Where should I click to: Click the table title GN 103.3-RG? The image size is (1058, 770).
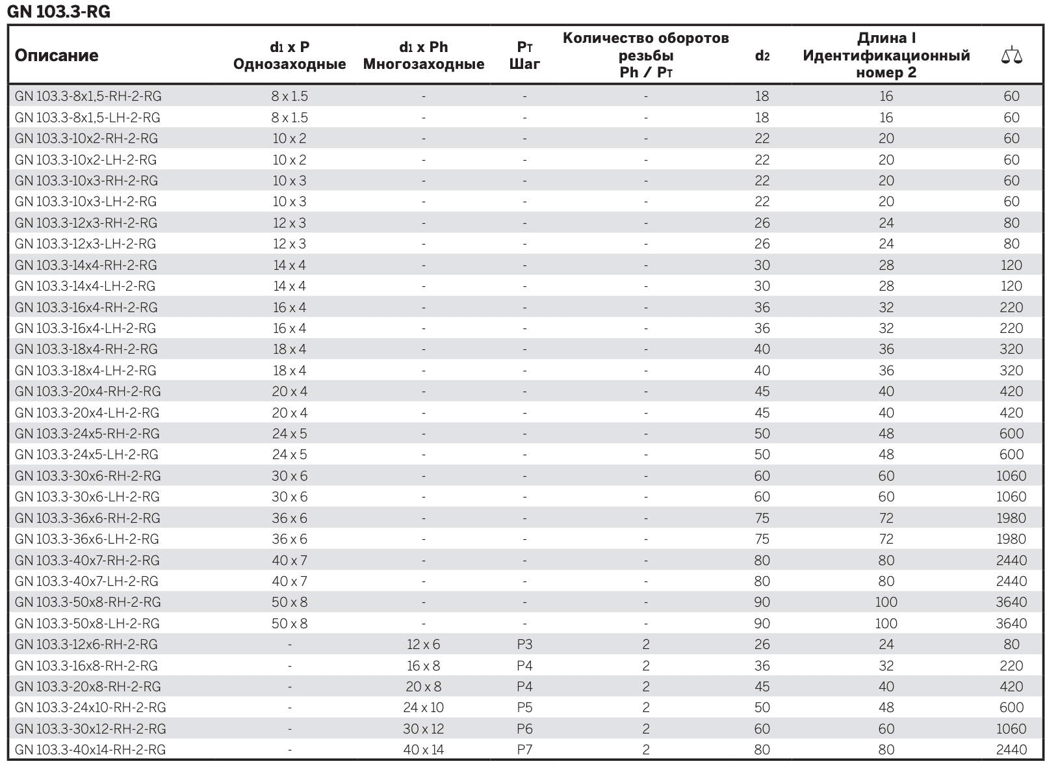[x=58, y=11]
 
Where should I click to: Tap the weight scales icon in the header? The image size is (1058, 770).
[x=1011, y=55]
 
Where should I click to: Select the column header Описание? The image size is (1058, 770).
[x=57, y=55]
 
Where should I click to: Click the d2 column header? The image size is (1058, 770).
[x=762, y=55]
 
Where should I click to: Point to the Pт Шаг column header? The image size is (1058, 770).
[x=524, y=55]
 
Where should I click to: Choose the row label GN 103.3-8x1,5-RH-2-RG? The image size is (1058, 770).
[x=88, y=96]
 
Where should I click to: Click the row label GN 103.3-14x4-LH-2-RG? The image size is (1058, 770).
[x=85, y=286]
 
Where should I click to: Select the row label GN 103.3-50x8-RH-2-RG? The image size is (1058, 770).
[x=88, y=602]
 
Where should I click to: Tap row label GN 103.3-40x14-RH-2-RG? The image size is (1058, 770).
[x=90, y=749]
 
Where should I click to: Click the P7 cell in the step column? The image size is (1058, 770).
[x=524, y=749]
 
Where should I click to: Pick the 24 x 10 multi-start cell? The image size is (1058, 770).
[x=423, y=707]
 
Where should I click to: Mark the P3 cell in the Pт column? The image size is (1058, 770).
[x=524, y=644]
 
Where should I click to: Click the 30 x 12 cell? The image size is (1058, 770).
[x=423, y=728]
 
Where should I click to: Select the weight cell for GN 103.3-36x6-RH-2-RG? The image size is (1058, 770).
[x=1011, y=518]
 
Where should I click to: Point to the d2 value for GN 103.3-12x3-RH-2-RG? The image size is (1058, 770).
[x=762, y=222]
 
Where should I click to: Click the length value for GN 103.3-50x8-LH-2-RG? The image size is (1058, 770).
[x=886, y=623]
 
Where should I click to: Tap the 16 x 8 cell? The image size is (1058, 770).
[x=423, y=665]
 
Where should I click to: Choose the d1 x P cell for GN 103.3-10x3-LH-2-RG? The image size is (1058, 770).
[x=289, y=202]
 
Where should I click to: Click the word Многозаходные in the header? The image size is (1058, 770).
[x=424, y=64]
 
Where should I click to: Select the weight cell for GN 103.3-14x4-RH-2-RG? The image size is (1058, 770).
[x=1011, y=265]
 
